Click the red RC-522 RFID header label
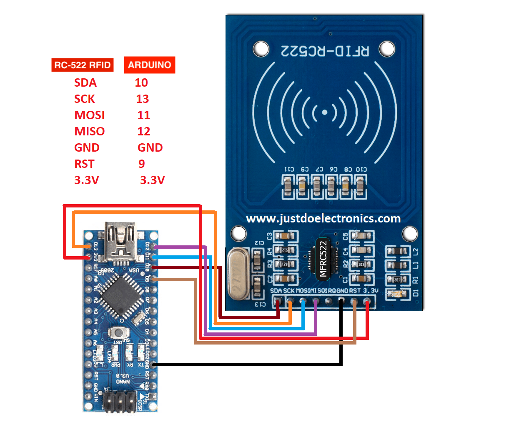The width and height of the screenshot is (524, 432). pos(83,65)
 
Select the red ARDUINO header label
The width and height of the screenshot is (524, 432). pos(149,65)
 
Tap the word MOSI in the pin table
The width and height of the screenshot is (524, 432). pos(89,115)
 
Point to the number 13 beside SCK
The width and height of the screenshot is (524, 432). pos(142,99)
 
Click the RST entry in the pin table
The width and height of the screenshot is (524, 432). pos(84,164)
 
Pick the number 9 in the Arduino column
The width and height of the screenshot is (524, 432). pos(142,164)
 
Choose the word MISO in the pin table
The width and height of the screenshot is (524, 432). pos(89,131)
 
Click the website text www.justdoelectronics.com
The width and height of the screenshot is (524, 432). pos(323,218)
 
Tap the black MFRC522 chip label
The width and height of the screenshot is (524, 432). pos(323,259)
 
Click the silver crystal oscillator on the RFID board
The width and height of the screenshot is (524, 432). pos(238,274)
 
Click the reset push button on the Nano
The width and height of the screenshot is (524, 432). pos(119,332)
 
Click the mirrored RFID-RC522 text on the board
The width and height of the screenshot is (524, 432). pos(325,51)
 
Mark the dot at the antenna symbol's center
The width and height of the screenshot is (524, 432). pos(324,112)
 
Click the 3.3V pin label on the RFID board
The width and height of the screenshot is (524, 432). pos(371,290)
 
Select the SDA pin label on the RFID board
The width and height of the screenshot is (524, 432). pos(276,290)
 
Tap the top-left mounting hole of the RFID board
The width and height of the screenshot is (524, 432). pos(261,49)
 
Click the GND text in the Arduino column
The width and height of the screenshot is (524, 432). pos(150,147)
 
